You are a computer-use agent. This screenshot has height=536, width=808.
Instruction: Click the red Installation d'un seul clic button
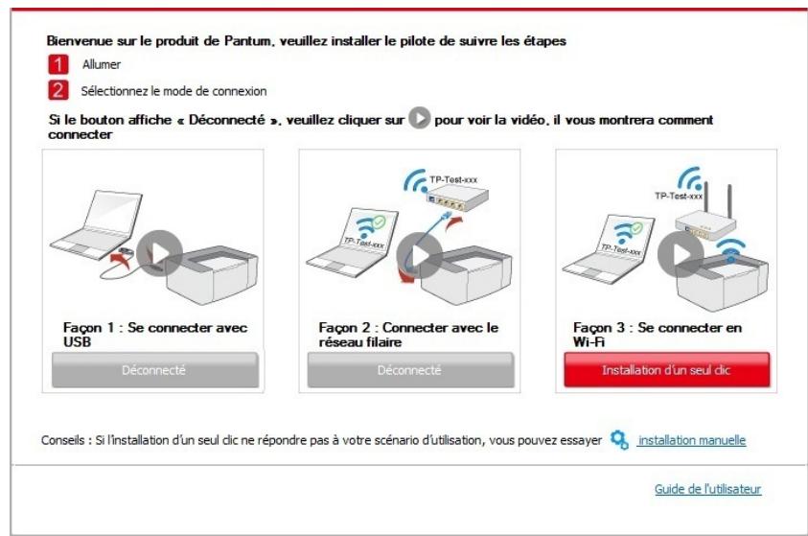[665, 369]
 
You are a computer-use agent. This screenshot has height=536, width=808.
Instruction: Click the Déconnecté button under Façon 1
[153, 369]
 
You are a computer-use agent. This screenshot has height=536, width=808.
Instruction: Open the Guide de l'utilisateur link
[707, 489]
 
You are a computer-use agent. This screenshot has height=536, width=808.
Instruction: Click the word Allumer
[101, 66]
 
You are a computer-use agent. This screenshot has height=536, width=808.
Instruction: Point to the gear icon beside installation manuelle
[619, 440]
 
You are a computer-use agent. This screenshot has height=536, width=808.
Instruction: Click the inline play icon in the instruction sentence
[418, 122]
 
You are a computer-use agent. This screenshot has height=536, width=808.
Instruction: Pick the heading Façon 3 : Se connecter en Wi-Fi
[652, 334]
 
